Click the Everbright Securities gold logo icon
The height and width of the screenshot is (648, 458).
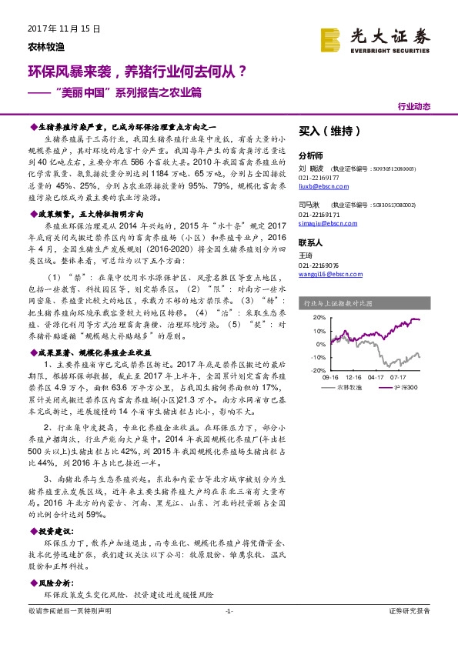pos(331,38)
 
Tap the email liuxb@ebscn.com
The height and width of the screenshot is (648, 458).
pos(318,185)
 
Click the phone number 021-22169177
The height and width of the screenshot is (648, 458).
pos(319,176)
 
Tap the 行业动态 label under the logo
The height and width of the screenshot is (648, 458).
pos(414,107)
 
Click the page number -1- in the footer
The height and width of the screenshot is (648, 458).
pos(229,610)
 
